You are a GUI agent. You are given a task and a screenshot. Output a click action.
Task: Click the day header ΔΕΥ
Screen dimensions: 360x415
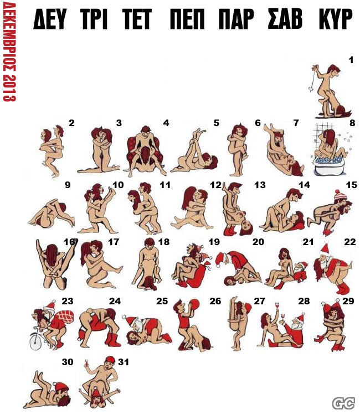pyautogui.click(x=49, y=19)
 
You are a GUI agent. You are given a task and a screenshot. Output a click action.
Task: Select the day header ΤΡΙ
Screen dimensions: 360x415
pyautogui.click(x=94, y=19)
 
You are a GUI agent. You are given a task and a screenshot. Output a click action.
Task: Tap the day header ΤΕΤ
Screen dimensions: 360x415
pyautogui.click(x=137, y=19)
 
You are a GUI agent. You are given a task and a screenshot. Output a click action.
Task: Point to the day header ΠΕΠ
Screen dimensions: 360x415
pyautogui.click(x=187, y=19)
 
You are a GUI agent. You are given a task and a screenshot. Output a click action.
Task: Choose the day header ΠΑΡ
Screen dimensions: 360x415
pyautogui.click(x=236, y=19)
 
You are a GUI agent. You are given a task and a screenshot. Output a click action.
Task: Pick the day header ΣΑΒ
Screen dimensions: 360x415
pyautogui.click(x=285, y=19)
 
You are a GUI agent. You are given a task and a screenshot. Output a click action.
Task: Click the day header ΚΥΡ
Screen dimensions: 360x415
pyautogui.click(x=336, y=19)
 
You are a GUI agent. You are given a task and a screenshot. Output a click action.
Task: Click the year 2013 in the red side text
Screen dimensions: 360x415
pyautogui.click(x=9, y=87)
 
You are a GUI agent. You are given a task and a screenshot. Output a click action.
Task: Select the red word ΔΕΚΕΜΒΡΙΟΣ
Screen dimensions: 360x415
pyautogui.click(x=9, y=37)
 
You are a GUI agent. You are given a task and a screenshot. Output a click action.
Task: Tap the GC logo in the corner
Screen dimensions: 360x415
pyautogui.click(x=343, y=403)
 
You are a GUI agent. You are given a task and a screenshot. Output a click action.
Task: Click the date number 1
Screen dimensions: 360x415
pyautogui.click(x=351, y=60)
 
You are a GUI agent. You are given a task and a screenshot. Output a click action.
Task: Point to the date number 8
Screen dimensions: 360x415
pyautogui.click(x=352, y=123)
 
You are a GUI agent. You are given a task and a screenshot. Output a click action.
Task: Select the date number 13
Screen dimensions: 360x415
pyautogui.click(x=260, y=185)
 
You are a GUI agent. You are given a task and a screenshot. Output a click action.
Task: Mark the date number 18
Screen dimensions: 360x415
pyautogui.click(x=164, y=242)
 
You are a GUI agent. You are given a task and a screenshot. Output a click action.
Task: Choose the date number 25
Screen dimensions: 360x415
pyautogui.click(x=162, y=301)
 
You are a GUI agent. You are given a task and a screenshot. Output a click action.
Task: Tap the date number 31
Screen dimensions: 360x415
pyautogui.click(x=124, y=361)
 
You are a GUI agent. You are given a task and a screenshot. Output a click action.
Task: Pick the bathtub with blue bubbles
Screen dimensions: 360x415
pyautogui.click(x=329, y=166)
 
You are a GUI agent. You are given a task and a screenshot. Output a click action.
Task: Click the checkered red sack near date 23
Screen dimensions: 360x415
pyautogui.click(x=64, y=318)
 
